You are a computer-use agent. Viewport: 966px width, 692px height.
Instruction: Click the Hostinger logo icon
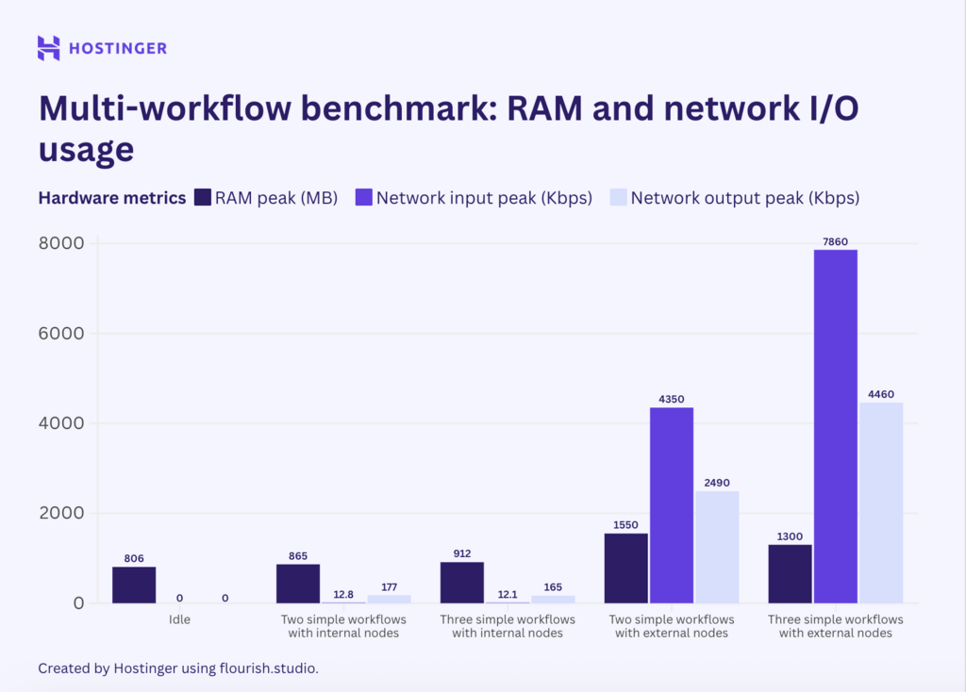49,48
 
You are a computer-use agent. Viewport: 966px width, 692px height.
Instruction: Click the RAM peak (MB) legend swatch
202,198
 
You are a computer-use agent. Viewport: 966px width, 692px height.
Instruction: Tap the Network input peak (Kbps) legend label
484,198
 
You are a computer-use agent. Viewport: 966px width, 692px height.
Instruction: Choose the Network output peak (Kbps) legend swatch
617,198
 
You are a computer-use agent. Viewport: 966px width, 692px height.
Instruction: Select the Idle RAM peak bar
134,585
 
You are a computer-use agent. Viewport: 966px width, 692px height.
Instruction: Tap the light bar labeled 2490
717,547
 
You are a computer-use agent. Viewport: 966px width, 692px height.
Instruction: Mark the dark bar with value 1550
626,568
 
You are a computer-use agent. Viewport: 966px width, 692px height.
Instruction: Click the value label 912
461,553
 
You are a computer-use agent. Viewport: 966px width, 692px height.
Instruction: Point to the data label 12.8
343,594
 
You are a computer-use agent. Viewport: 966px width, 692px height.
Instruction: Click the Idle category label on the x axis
179,619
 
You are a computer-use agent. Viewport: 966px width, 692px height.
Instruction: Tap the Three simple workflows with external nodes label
836,626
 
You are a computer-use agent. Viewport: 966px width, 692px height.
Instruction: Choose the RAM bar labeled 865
298,584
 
